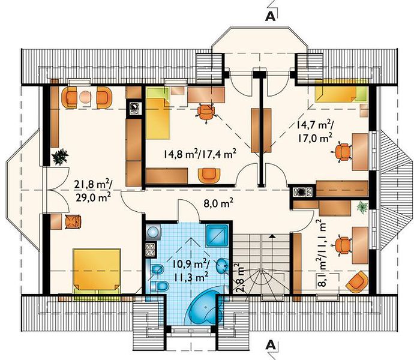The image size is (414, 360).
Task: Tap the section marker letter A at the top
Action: (271, 16)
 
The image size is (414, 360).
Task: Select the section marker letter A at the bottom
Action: (271, 344)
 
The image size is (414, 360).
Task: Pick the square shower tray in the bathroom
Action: (217, 235)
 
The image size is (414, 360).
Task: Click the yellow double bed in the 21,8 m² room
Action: (97, 271)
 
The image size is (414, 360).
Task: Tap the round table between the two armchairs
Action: (85, 97)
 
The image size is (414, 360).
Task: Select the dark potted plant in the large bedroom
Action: (60, 157)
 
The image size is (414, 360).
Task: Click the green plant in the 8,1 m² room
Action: (362, 208)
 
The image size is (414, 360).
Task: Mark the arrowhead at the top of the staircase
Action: (272, 236)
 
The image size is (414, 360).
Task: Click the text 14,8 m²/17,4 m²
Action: (199, 154)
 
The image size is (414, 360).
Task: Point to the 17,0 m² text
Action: (315, 138)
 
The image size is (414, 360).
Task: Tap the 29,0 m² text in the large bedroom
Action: (93, 197)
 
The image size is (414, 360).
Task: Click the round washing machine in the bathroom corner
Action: (152, 232)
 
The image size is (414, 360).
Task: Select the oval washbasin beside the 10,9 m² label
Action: (223, 266)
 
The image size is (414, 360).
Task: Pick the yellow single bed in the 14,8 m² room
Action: (158, 113)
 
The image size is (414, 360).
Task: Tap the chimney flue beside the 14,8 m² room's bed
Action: (134, 108)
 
